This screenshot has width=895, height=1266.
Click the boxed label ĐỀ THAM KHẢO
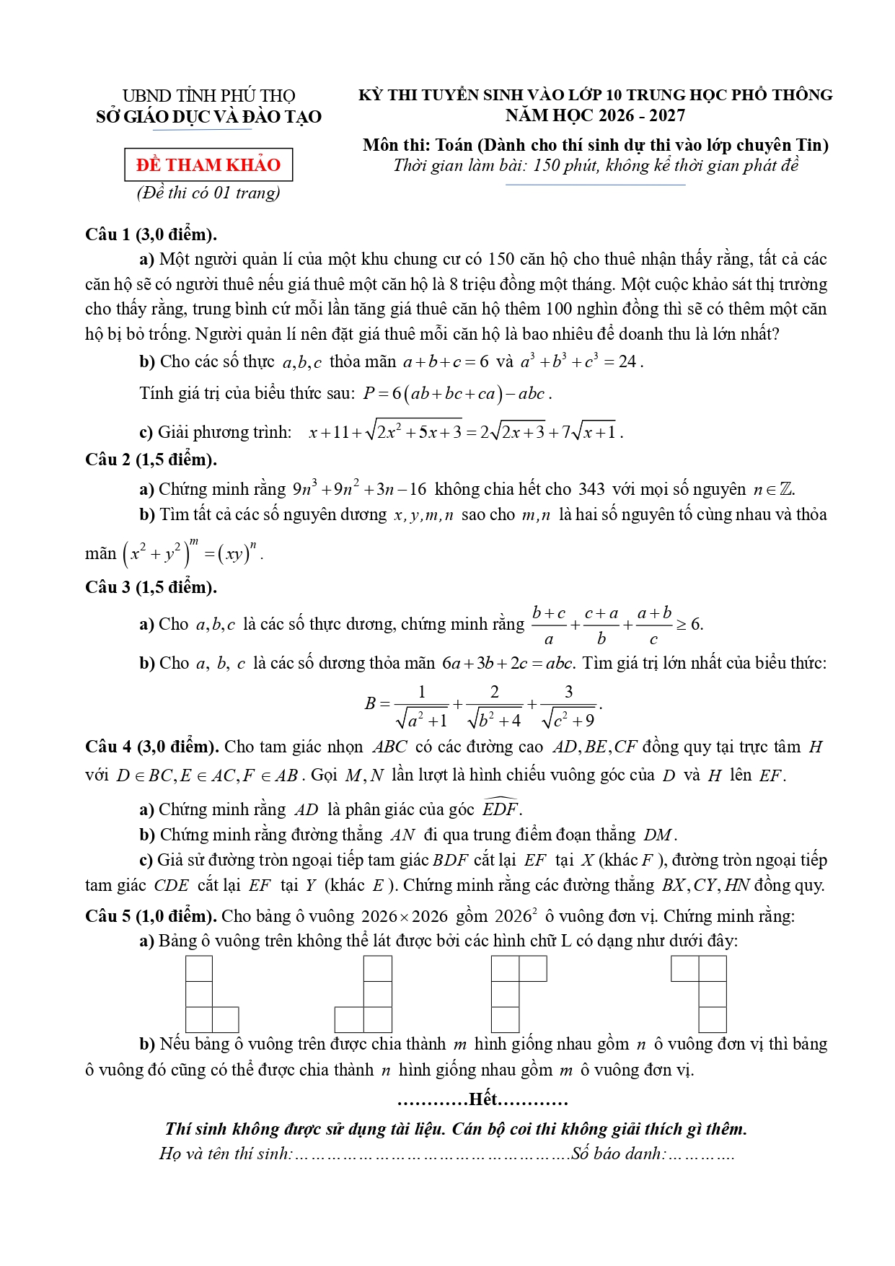click(208, 164)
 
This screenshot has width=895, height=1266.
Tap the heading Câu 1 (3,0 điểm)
click(151, 234)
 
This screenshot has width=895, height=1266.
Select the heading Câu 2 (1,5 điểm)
click(151, 460)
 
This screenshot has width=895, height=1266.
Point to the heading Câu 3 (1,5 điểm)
click(151, 587)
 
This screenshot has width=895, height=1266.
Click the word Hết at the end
click(482, 1099)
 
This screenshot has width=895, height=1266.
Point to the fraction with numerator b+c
click(549, 625)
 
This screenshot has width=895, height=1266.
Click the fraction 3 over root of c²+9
click(568, 705)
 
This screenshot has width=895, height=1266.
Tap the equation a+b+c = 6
click(446, 361)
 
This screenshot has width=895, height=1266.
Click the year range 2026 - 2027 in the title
click(635, 115)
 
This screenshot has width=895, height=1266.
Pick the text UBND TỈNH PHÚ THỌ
click(208, 96)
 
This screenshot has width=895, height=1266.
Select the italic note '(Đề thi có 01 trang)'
click(208, 193)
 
